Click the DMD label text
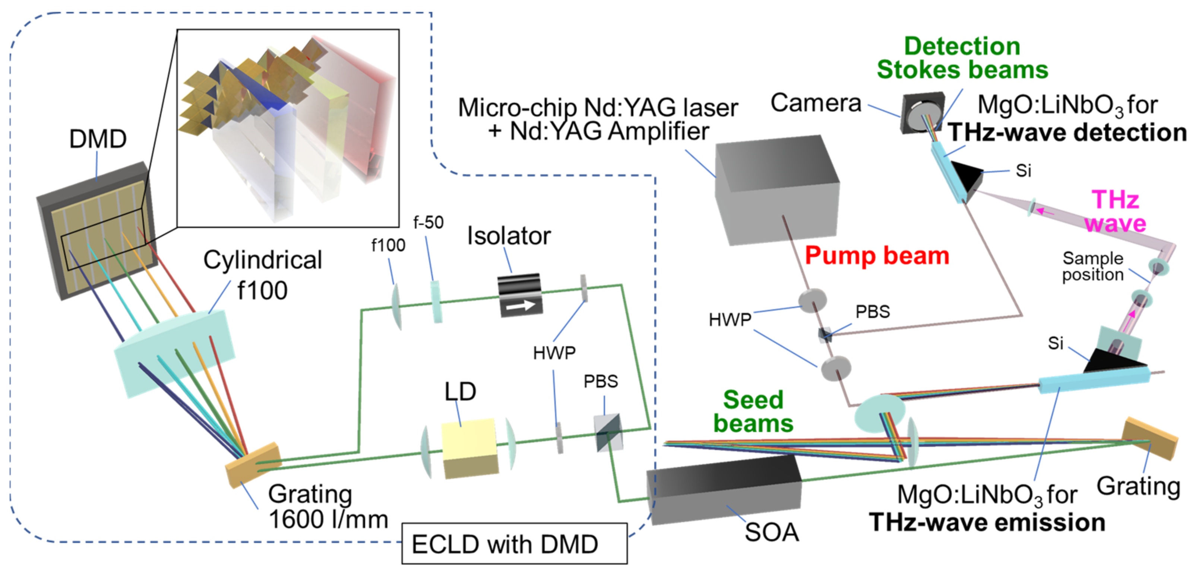click(x=98, y=139)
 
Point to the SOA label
click(x=772, y=532)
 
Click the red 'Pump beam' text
click(x=877, y=255)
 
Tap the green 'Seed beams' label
click(x=753, y=411)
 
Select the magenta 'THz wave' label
click(x=1115, y=212)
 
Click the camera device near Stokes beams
click(x=923, y=112)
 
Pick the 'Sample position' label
click(x=1092, y=266)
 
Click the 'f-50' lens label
click(x=428, y=223)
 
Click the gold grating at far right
click(x=1149, y=438)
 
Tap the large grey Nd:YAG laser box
click(x=776, y=190)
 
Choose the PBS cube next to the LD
click(x=608, y=433)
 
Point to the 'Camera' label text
click(x=816, y=103)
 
